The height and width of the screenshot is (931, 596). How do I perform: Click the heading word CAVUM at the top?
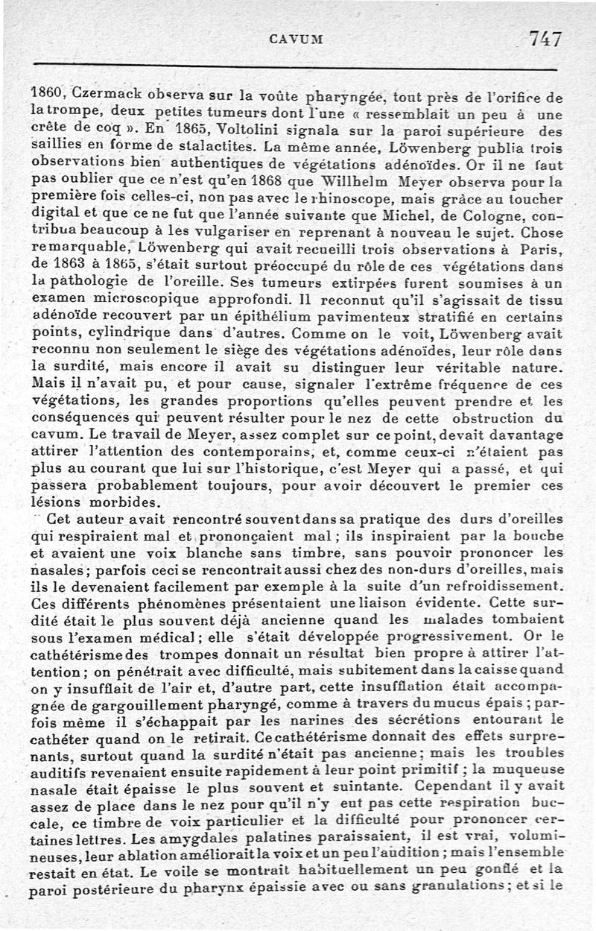coord(297,40)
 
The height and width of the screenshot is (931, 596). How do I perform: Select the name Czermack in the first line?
coord(104,96)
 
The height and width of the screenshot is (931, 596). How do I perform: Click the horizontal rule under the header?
coord(296,69)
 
